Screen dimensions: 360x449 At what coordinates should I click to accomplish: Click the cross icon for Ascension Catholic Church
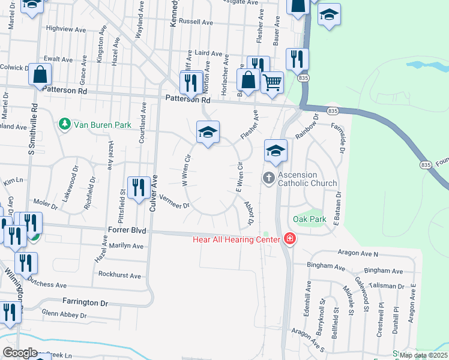pyautogui.click(x=268, y=178)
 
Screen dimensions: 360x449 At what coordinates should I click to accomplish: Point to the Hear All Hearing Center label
pyautogui.click(x=237, y=240)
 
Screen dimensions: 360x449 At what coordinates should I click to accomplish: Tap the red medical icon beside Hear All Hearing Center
pyautogui.click(x=290, y=239)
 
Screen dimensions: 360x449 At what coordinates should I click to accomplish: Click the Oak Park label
pyautogui.click(x=310, y=219)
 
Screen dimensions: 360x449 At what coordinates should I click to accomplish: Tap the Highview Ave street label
pyautogui.click(x=63, y=28)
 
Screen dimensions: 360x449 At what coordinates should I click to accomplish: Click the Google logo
pyautogui.click(x=20, y=353)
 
